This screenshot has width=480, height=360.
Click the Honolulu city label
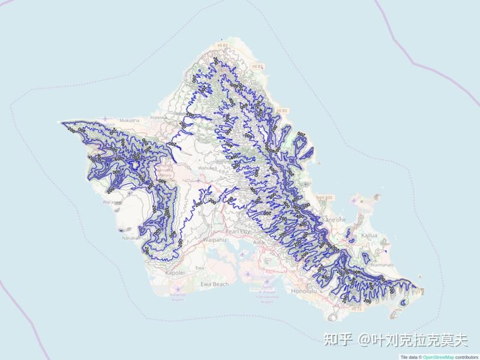(x=302, y=291)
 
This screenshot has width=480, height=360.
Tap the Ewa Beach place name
(x=215, y=284)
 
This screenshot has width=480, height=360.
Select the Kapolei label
(x=175, y=272)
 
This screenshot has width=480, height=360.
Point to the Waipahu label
(x=214, y=239)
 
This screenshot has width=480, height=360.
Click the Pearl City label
(x=237, y=230)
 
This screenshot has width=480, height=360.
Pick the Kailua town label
(x=370, y=235)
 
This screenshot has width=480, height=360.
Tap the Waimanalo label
(x=382, y=264)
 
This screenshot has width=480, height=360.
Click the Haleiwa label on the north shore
(x=159, y=118)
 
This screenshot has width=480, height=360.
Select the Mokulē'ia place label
(x=130, y=121)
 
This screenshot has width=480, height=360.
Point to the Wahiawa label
(x=208, y=169)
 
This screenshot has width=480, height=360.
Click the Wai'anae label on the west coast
(x=112, y=203)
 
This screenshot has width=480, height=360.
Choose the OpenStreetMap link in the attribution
(x=439, y=357)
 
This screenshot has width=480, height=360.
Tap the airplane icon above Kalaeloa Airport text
(x=178, y=287)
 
